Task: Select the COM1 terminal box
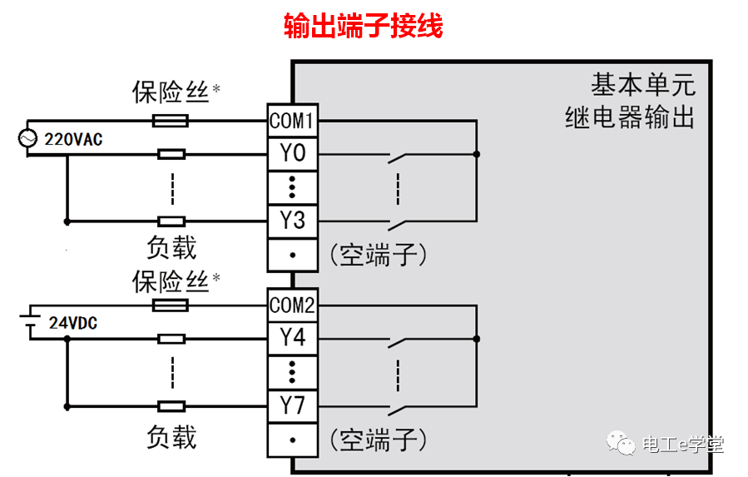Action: (292, 122)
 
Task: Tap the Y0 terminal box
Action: (292, 154)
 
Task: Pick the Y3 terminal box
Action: (292, 221)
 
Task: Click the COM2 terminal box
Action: (292, 306)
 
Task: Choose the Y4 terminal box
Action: (292, 338)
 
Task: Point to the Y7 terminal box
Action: (292, 406)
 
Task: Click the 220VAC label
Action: (73, 139)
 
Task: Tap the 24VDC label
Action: (72, 323)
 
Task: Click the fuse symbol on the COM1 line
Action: (171, 122)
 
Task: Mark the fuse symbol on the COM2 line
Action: (171, 306)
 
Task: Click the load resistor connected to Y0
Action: (171, 154)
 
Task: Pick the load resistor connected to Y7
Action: (171, 406)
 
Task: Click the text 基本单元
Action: (642, 85)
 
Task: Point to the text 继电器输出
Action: (629, 117)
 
